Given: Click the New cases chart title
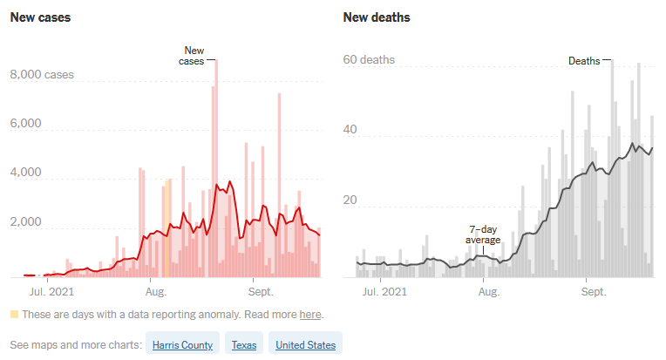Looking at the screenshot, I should [40, 17].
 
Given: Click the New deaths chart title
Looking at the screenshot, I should [377, 17].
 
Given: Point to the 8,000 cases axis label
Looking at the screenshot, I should [42, 76].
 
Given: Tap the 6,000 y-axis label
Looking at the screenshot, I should [26, 124].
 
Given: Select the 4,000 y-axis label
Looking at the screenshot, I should [26, 173].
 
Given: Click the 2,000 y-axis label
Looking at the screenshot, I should [26, 222].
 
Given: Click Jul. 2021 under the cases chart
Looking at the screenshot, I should [51, 289].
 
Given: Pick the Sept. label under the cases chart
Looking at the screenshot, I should [259, 289].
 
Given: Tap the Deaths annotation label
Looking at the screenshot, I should [584, 61].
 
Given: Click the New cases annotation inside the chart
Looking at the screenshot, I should [192, 56].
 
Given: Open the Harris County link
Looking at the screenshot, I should [182, 345].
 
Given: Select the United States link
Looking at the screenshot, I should [305, 345].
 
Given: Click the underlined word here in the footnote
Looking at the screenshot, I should [310, 314].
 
